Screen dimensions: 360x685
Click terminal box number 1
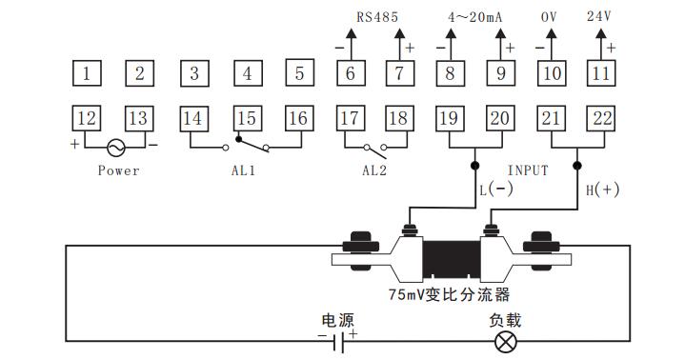pos(87,72)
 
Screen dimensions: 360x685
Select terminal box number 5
pos(299,72)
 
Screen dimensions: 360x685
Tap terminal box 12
pos(87,118)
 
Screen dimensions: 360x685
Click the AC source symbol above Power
pos(116,148)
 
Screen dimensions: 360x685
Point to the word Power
pos(118,171)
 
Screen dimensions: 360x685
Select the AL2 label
pos(375,171)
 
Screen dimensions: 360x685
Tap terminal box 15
pos(247,118)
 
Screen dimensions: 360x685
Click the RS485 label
pos(377,16)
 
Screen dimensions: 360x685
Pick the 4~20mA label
pos(473,16)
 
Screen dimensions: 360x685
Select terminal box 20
pos(498,118)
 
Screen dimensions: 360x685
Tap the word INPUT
pos(527,170)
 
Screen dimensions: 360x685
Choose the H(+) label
pos(602,190)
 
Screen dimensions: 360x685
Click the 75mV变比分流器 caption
pos(450,294)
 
